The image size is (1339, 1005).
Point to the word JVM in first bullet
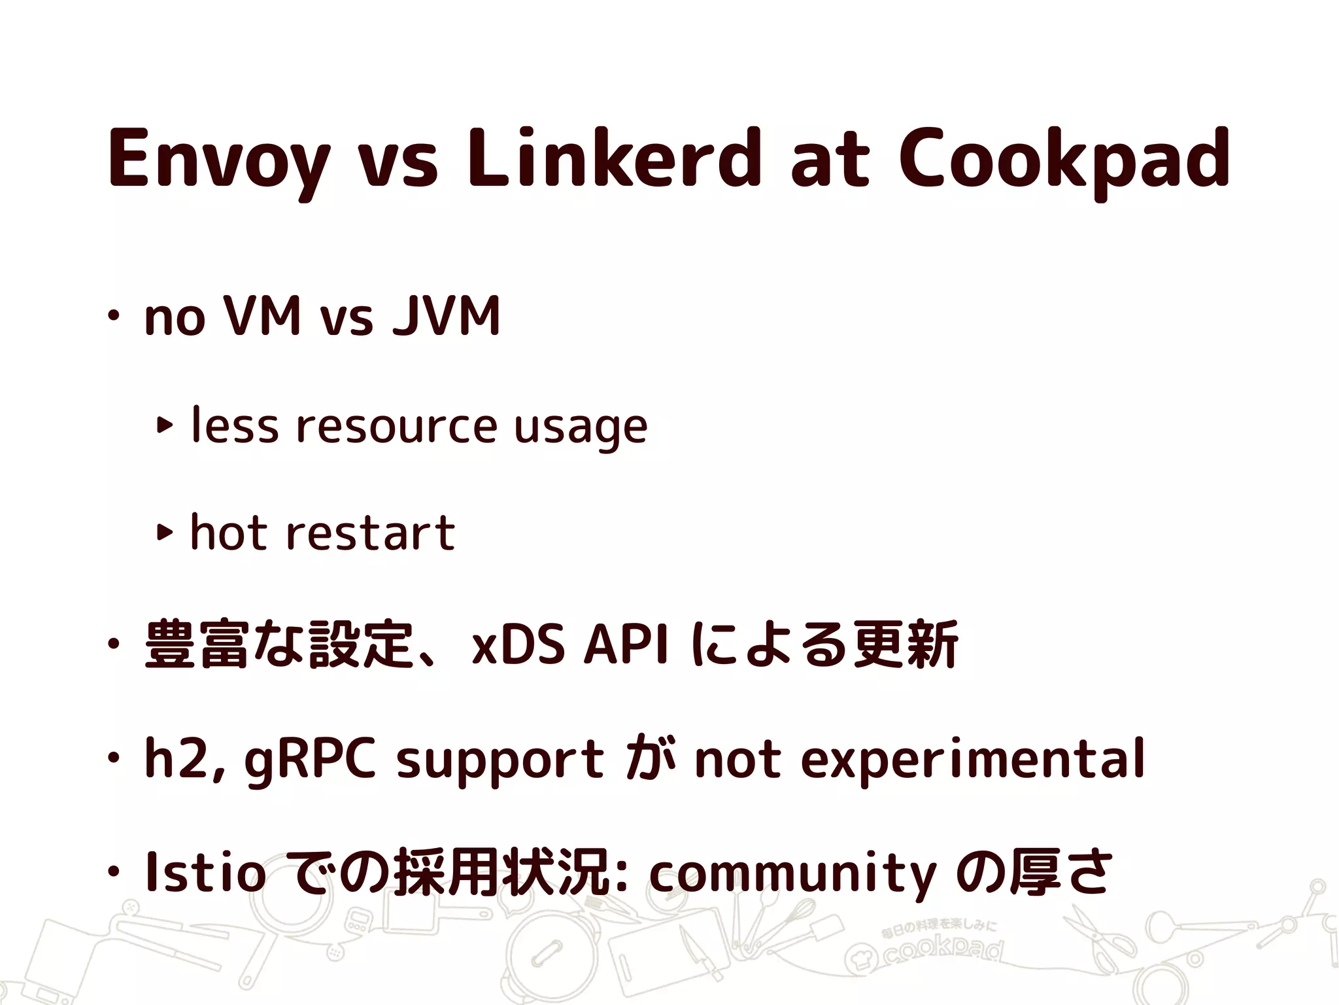[x=446, y=317]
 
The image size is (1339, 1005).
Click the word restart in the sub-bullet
[x=370, y=533]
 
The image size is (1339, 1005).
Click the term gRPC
[x=310, y=759]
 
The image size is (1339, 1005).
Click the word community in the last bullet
[x=793, y=873]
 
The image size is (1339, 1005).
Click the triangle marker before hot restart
[x=164, y=533]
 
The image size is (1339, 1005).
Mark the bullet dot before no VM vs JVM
[x=114, y=317]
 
